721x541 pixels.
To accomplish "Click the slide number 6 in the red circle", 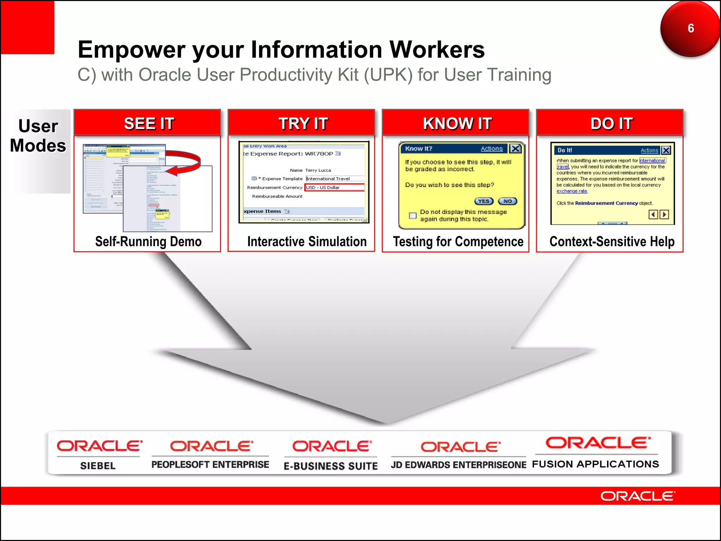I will (x=691, y=28).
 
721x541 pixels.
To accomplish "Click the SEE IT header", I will (x=149, y=123).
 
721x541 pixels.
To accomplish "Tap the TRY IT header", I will (x=303, y=123).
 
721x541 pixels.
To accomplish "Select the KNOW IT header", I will (x=457, y=123).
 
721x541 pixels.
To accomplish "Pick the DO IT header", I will (x=612, y=123).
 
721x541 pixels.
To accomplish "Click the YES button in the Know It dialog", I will (x=484, y=201).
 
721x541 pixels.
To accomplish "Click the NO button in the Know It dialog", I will (x=507, y=201).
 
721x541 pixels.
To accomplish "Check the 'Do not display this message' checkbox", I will (x=413, y=216).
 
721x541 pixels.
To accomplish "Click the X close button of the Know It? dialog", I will (x=515, y=149).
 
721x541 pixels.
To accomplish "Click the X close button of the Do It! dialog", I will (x=666, y=150).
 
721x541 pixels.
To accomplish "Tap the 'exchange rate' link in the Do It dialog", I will (x=572, y=191).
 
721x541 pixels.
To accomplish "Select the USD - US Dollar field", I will (x=334, y=187).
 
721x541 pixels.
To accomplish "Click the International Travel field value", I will (x=328, y=179).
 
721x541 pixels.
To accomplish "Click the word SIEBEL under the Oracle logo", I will (x=98, y=466).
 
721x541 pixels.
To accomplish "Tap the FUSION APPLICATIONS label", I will (x=595, y=464).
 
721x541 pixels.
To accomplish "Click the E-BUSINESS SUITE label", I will (x=331, y=466).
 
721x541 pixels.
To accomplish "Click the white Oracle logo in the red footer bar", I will (x=637, y=496).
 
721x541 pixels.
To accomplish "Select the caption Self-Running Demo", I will (x=148, y=242).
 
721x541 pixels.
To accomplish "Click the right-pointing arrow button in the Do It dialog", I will (x=664, y=214).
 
